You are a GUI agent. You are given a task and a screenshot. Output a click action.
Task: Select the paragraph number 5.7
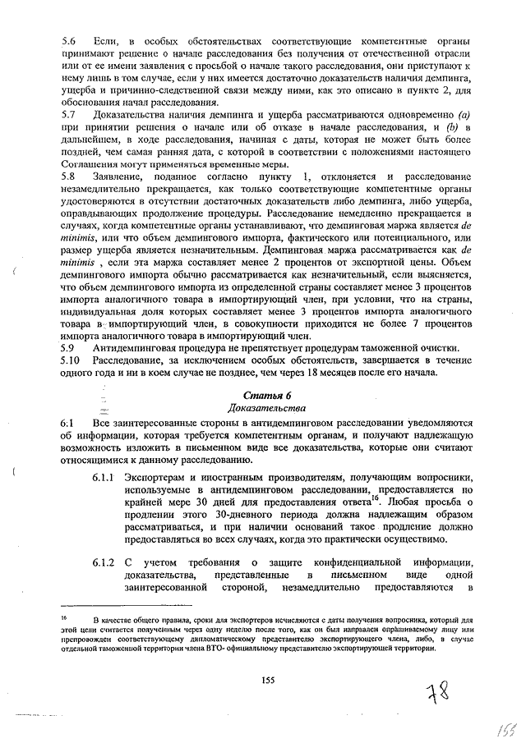[x=68, y=115]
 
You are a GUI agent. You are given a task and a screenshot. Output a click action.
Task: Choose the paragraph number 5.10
[x=71, y=360]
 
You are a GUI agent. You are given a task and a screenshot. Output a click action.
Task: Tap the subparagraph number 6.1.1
[x=104, y=477]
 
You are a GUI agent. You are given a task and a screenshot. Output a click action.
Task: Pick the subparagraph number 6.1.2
[x=104, y=561]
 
